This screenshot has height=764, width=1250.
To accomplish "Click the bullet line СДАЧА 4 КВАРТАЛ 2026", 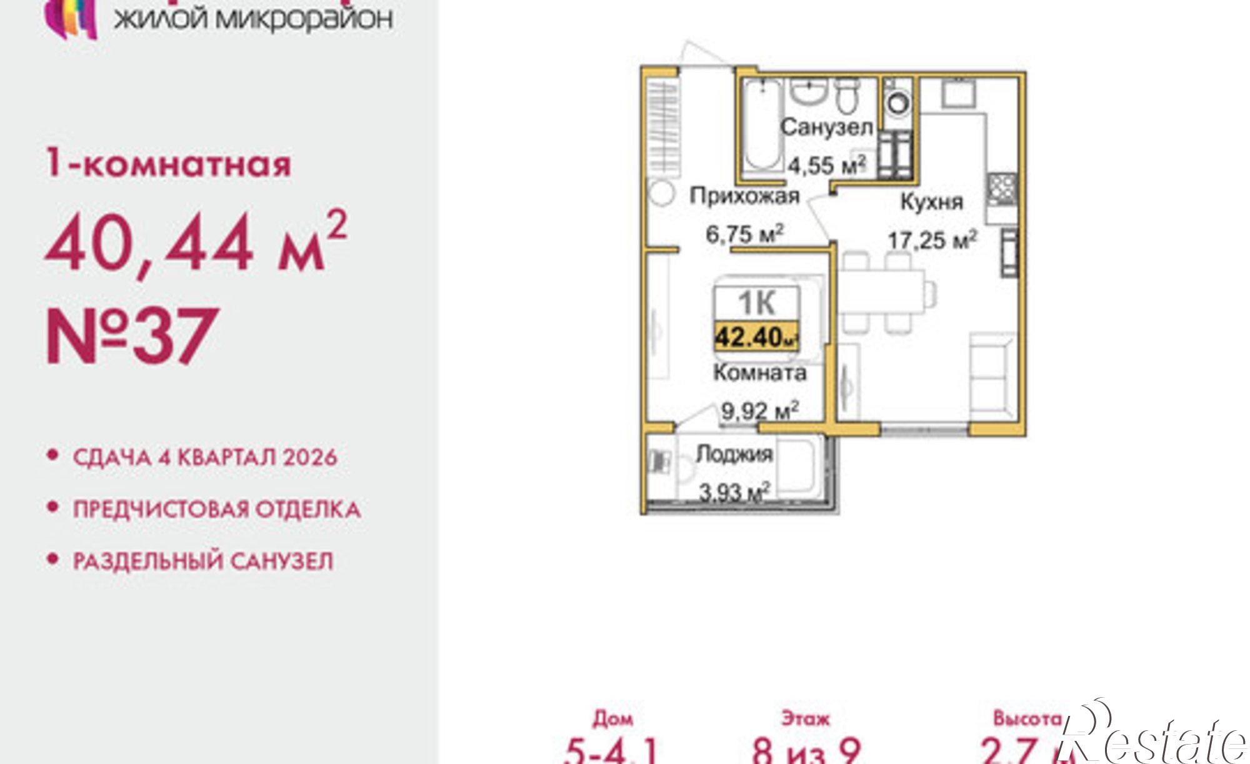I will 205,457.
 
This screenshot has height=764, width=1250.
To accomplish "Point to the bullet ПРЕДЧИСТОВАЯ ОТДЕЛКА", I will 217,509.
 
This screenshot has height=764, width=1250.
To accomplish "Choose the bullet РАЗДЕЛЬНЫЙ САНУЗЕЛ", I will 203,561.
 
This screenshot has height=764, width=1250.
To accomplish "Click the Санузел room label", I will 826,128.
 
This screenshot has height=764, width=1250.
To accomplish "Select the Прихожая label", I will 744,196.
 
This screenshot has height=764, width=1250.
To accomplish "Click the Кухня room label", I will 931,202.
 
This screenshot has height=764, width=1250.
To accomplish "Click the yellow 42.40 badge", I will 757,338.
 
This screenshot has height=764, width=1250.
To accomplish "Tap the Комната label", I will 759,373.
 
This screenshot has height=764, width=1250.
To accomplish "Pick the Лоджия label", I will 734,454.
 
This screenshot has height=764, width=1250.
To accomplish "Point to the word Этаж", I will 805,719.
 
